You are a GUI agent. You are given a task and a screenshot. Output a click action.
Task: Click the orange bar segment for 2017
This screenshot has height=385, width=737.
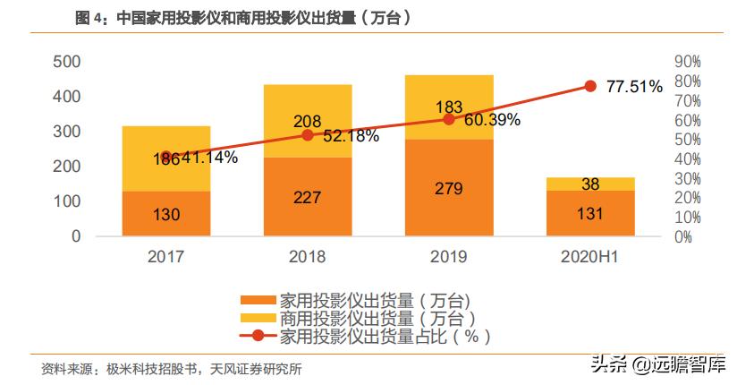166,213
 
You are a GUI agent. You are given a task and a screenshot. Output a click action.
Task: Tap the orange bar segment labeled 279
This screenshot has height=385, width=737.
449,188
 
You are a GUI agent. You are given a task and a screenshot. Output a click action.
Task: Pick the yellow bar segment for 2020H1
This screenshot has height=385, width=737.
590,184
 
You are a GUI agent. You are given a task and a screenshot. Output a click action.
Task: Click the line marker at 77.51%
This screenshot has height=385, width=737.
590,86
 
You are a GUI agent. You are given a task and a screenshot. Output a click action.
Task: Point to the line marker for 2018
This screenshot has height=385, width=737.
308,135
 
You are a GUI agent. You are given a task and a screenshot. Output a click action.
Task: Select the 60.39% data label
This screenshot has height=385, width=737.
491,120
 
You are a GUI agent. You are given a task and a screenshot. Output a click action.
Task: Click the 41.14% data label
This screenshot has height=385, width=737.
208,158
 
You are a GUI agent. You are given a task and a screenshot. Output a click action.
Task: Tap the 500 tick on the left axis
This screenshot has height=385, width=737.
68,61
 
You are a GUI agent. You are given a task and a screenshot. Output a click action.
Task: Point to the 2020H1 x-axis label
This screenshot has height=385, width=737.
590,257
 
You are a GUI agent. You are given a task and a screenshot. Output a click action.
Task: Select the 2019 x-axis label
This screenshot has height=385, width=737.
449,257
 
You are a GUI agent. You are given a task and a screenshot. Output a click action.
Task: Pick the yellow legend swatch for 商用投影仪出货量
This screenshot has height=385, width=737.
258,319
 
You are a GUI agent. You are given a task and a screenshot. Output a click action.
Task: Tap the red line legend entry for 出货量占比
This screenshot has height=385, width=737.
258,337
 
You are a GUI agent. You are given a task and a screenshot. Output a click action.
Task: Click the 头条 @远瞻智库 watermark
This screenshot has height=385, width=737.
657,364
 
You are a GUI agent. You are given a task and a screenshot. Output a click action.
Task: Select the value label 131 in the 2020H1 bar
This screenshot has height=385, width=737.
590,214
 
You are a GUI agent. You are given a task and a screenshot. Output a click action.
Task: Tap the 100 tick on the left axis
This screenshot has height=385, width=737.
68,201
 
